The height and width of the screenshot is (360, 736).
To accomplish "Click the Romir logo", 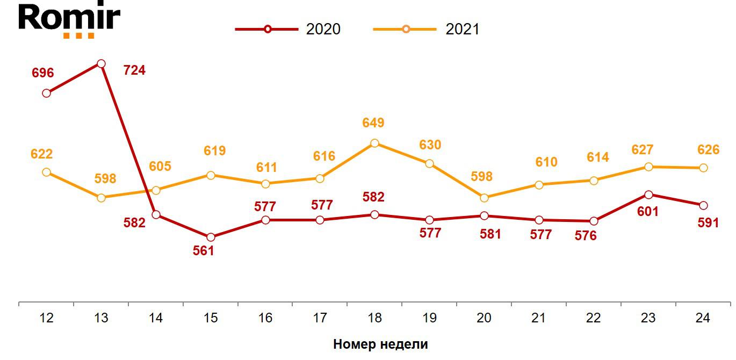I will click(69, 20).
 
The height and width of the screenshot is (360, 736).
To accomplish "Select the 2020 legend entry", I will click(288, 29).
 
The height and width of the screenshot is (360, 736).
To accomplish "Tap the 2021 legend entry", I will click(427, 29).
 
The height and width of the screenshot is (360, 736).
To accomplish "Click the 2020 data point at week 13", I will click(101, 64).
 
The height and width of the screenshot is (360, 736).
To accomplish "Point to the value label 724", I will click(134, 70).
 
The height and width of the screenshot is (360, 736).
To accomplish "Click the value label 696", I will click(43, 73).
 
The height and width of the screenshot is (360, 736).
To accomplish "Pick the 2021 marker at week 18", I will click(374, 143).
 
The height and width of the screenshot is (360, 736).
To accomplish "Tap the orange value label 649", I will click(373, 123).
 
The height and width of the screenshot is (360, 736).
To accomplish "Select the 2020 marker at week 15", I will click(211, 237).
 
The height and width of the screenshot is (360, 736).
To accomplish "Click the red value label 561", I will click(204, 250).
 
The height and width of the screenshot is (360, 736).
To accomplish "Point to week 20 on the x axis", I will click(484, 318).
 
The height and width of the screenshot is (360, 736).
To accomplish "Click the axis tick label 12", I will click(47, 318).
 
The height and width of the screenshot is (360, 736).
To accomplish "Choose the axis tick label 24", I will click(702, 318).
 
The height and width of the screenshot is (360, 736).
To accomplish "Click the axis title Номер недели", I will click(380, 344).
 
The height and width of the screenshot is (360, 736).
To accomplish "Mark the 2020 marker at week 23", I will click(648, 195).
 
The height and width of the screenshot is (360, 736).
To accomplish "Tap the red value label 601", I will click(647, 212).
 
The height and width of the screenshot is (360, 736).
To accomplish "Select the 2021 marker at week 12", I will click(47, 172).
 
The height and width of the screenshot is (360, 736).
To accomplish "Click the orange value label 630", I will click(430, 145).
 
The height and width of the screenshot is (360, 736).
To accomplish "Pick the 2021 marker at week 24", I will click(703, 168).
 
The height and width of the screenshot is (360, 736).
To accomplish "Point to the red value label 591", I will click(708, 222).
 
